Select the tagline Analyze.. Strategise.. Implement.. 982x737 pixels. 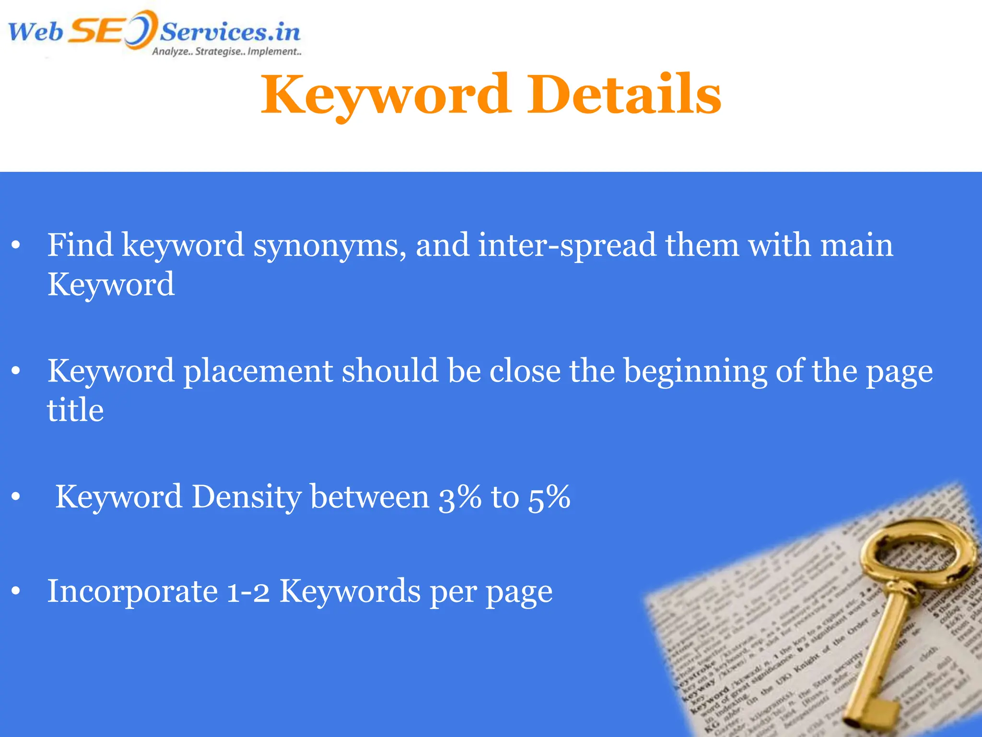[226, 52]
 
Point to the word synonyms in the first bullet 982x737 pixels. [330, 246]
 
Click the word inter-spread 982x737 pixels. [567, 246]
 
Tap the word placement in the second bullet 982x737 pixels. [258, 371]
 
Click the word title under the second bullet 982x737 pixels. [75, 411]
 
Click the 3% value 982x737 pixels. [460, 497]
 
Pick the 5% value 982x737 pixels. [549, 497]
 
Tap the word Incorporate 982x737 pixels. [132, 591]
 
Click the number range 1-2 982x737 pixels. [248, 591]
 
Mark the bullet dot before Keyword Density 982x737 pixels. [16, 497]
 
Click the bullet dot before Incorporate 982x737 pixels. [16, 591]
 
